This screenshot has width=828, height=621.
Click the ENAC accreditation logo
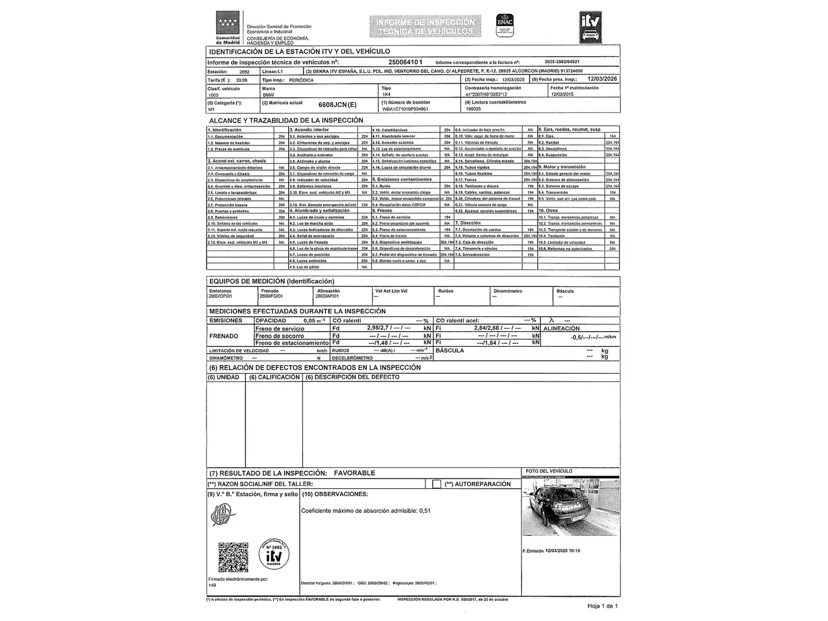coord(505,25)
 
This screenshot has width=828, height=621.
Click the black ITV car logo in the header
coord(590,27)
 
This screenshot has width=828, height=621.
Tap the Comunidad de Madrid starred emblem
coord(228,25)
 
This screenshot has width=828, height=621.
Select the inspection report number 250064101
coord(405,62)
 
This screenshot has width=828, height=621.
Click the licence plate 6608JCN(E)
coord(338,105)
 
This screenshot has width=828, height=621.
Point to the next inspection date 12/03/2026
coord(603,79)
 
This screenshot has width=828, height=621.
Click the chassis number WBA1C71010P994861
coord(405,109)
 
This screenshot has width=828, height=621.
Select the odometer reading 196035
coord(473,109)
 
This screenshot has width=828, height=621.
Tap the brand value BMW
coord(269,95)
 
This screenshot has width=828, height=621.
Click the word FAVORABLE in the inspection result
coord(354,473)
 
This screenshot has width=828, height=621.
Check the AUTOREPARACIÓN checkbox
coord(437,484)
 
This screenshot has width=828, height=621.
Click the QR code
coord(233,557)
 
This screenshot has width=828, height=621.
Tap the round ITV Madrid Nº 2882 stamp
coord(274,554)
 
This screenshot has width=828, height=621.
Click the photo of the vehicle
coord(571,507)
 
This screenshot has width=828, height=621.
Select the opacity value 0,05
coord(310,321)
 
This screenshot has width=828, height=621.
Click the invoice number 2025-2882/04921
coord(562,62)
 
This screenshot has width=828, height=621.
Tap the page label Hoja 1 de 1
coord(602,606)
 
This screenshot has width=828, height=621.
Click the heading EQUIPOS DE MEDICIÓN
coord(271,281)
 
